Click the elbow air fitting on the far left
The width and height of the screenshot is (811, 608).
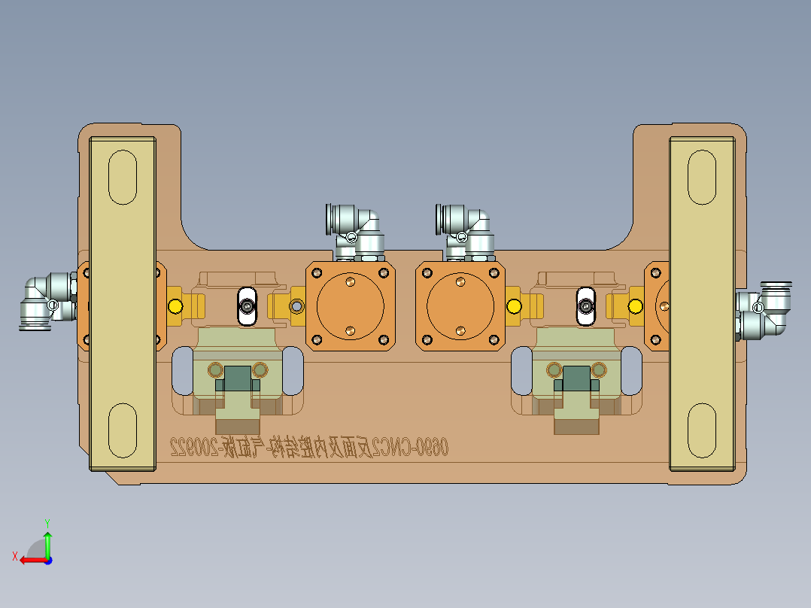(x=47, y=301)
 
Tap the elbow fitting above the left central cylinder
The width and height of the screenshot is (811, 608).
(x=355, y=229)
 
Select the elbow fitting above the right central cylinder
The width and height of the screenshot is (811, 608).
(x=467, y=229)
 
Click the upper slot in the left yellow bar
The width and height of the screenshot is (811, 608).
(x=123, y=177)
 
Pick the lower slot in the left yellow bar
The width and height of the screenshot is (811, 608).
(x=123, y=430)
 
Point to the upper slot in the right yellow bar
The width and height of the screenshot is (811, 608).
(x=702, y=177)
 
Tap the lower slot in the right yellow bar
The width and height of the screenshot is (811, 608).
(x=702, y=430)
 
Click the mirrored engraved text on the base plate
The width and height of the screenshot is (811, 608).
(x=308, y=448)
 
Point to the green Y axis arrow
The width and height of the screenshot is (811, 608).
(x=47, y=542)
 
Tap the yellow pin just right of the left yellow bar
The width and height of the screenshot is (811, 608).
(x=176, y=306)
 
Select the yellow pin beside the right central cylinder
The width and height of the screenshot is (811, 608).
(x=515, y=306)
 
